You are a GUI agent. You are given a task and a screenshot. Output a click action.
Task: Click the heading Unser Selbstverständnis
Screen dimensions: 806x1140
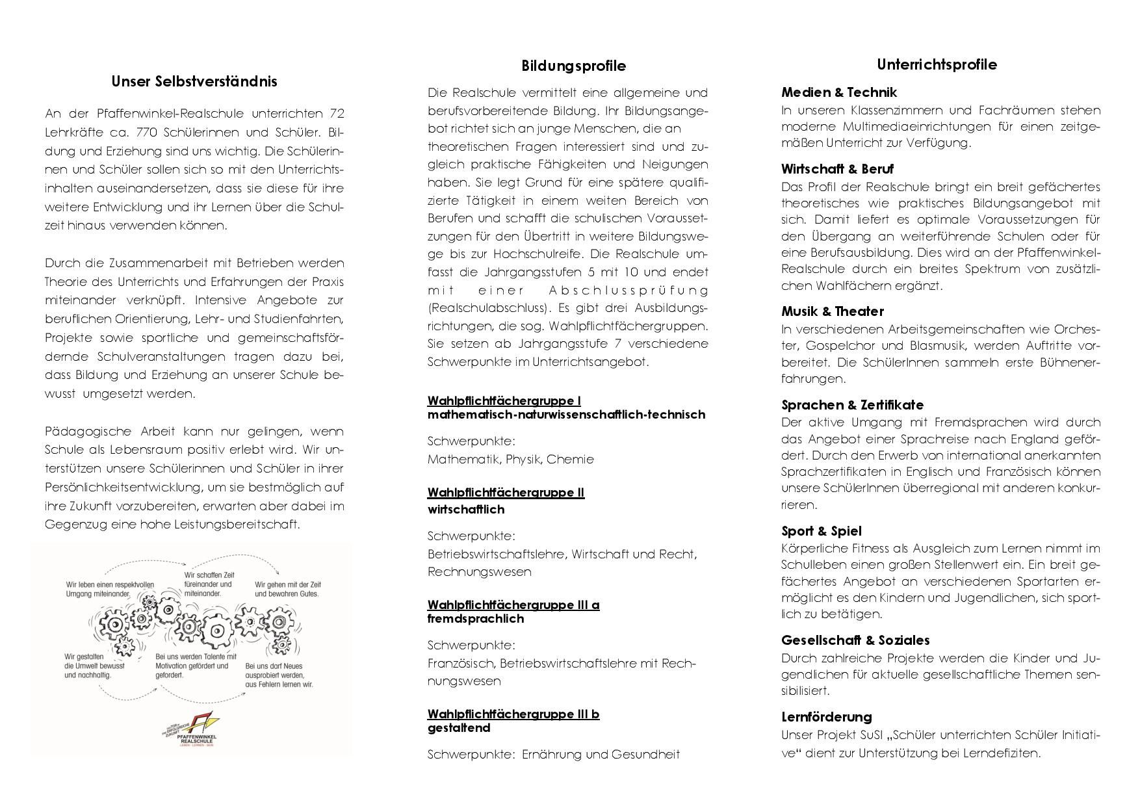(x=194, y=81)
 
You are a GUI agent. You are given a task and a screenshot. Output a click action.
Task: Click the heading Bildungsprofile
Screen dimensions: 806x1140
(x=573, y=66)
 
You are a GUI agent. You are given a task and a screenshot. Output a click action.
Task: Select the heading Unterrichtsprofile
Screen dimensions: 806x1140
(x=937, y=64)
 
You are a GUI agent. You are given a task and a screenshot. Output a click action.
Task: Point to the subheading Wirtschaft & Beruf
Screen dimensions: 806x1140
(x=837, y=169)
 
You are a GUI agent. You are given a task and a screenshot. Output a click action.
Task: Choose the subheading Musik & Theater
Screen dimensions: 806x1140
(x=832, y=311)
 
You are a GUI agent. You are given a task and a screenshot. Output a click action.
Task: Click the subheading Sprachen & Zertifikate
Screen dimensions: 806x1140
(x=852, y=405)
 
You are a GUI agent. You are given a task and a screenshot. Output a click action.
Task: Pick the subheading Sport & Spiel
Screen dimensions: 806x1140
(x=821, y=531)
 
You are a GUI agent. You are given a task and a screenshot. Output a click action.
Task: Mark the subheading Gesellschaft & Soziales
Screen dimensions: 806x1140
(x=855, y=640)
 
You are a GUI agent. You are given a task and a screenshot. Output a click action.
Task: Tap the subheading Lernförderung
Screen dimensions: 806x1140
(x=826, y=717)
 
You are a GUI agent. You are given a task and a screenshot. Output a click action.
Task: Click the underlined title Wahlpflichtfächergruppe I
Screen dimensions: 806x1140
(x=504, y=400)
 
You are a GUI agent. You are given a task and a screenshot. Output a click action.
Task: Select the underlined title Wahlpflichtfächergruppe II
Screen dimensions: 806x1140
(x=506, y=493)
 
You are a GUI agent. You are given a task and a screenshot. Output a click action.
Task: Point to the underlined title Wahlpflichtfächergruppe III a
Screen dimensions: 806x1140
(x=513, y=605)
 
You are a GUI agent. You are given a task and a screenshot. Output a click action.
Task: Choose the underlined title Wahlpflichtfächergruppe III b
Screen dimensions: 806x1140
(x=513, y=714)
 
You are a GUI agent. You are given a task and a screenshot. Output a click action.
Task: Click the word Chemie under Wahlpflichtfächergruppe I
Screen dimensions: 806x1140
(x=570, y=460)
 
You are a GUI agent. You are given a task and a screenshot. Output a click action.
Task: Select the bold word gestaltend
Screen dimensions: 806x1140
(x=458, y=728)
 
